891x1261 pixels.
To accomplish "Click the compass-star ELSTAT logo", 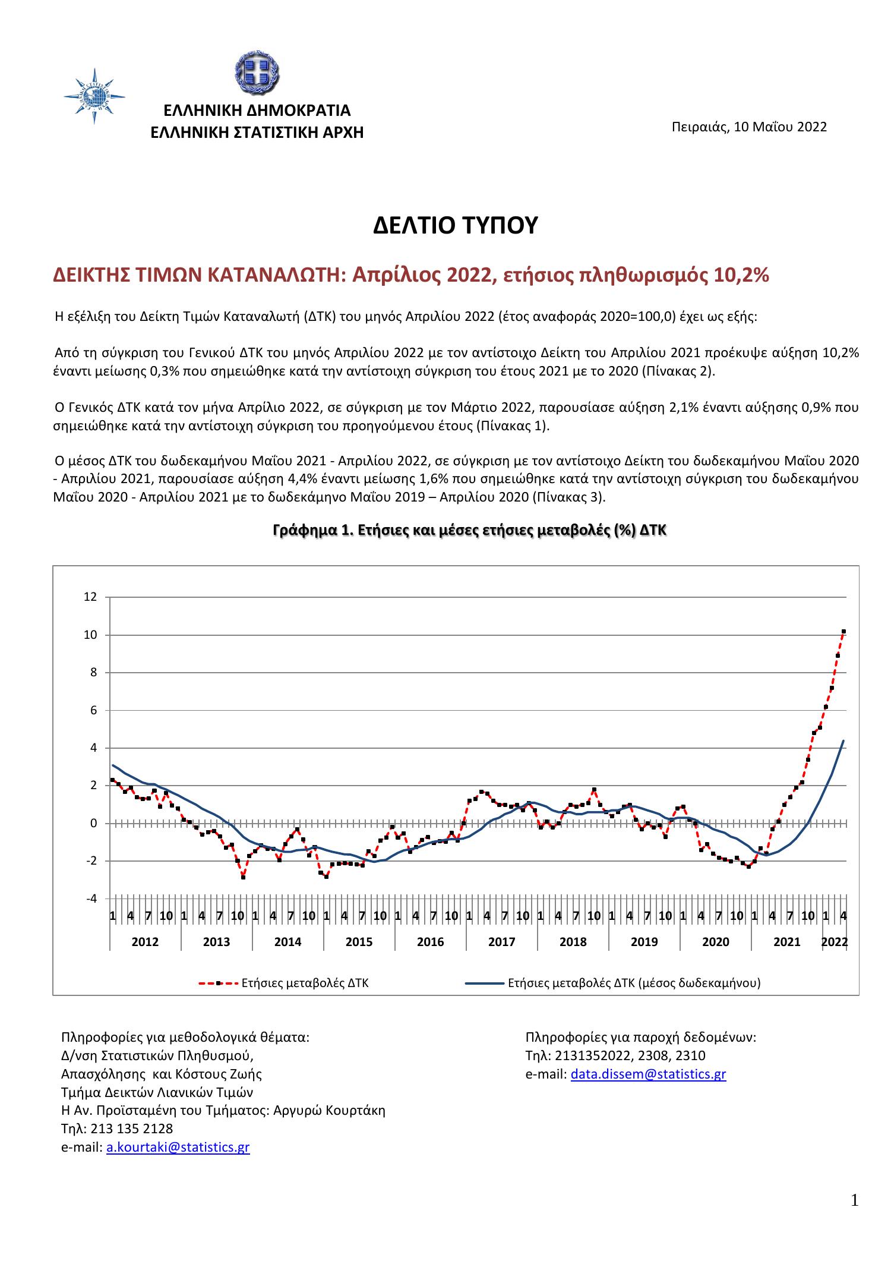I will click(94, 96).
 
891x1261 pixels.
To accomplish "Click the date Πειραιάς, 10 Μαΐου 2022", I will click(749, 127).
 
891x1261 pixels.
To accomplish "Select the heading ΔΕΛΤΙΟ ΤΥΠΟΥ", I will click(455, 226).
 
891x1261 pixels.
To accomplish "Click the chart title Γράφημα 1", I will click(469, 530).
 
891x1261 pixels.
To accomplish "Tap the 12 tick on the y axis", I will click(90, 597).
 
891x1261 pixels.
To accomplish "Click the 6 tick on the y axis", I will click(93, 710).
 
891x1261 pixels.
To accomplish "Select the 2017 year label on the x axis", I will click(501, 942).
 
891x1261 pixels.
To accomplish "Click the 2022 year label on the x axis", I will click(834, 942).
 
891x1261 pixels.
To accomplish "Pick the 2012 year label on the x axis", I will click(145, 942).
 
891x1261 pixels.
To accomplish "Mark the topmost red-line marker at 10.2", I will click(843, 632).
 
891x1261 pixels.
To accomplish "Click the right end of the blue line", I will click(843, 740).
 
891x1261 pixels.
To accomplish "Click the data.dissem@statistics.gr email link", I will click(648, 1074).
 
